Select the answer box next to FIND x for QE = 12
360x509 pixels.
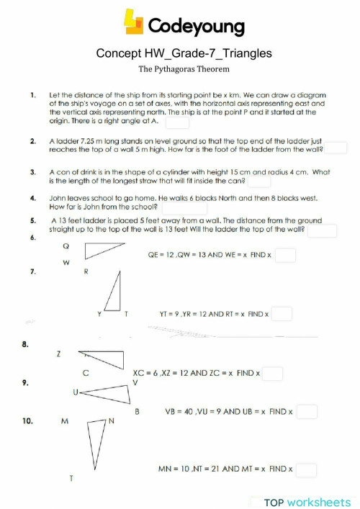pos(285,255)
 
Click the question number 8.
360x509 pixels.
pos(25,345)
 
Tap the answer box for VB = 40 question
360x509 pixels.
pos(307,412)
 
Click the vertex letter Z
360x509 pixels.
pos(58,354)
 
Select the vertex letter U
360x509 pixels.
pos(75,392)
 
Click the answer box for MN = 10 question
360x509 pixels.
pos(306,469)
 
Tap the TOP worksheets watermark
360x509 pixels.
pos(307,501)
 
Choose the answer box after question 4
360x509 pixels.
pos(186,207)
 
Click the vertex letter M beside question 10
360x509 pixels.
pos(64,421)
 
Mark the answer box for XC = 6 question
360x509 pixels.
pos(272,374)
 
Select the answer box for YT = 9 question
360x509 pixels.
pos(282,314)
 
